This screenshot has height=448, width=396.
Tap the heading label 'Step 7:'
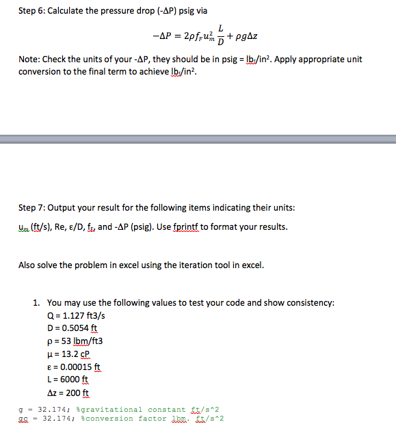point(32,207)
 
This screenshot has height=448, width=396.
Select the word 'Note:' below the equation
point(30,60)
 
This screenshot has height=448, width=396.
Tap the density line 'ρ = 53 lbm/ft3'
point(75,341)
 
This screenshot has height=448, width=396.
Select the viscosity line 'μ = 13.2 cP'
point(69,354)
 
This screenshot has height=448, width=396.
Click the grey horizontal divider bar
point(198,139)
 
